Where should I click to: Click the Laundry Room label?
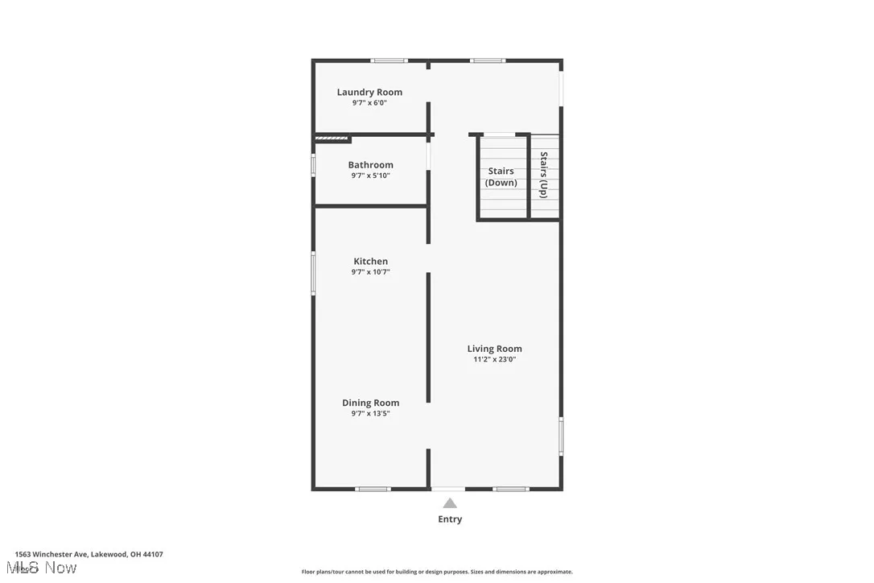(369, 92)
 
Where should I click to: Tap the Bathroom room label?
(370, 165)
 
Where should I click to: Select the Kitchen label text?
(370, 261)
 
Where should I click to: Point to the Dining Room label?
(370, 403)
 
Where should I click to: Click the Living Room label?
(494, 349)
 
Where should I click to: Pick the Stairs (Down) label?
(501, 176)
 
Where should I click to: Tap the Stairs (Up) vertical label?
(544, 175)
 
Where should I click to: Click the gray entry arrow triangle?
(450, 503)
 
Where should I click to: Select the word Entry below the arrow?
(450, 519)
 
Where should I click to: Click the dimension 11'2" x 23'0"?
(494, 360)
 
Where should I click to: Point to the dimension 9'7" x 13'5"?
(370, 414)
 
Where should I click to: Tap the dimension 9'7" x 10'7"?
(370, 272)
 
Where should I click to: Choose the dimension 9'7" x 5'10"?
(370, 176)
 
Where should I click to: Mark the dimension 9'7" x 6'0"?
(369, 103)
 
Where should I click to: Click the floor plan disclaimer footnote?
(437, 572)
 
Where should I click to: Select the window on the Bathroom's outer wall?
(314, 164)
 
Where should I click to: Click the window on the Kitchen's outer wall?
(314, 273)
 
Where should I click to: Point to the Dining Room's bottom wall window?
(373, 489)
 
